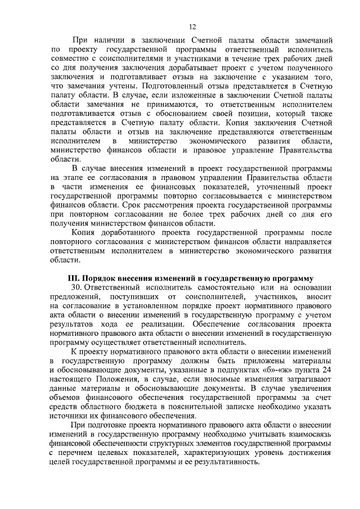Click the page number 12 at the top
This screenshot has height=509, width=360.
point(192,26)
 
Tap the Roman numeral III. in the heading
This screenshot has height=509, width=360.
point(73,278)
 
